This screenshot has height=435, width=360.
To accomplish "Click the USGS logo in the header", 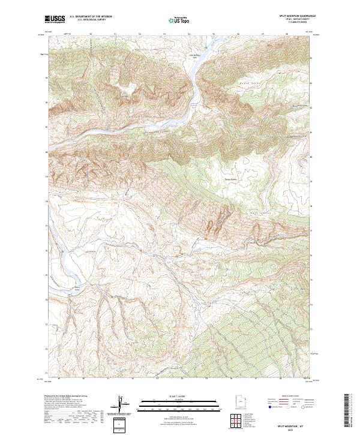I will (x=55, y=19).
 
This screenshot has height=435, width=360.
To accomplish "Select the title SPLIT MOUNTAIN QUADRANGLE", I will (x=293, y=16).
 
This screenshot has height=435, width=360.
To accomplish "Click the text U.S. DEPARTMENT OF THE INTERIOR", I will (x=91, y=16).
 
